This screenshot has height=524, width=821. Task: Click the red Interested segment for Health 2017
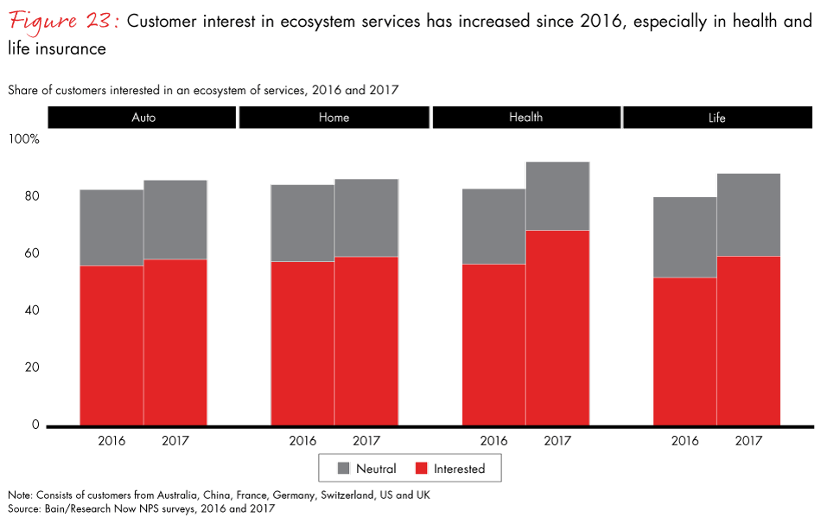557,328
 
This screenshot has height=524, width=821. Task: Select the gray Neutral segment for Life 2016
685,237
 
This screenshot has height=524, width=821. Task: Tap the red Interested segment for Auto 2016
111,345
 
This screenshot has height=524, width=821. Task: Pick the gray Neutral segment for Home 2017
366,218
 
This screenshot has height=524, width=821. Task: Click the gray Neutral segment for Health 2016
494,226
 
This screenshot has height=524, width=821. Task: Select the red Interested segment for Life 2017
749,341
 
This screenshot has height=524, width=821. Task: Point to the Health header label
525,117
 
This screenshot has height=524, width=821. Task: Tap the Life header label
716,117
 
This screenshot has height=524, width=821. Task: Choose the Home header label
334,117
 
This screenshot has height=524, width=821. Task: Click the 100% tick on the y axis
24,138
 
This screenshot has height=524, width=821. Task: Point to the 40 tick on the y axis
31,310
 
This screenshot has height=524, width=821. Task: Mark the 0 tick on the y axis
35,425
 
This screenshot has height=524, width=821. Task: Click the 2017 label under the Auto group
175,441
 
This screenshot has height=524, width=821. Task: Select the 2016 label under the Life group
685,441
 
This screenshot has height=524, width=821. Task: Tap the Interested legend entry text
459,469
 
